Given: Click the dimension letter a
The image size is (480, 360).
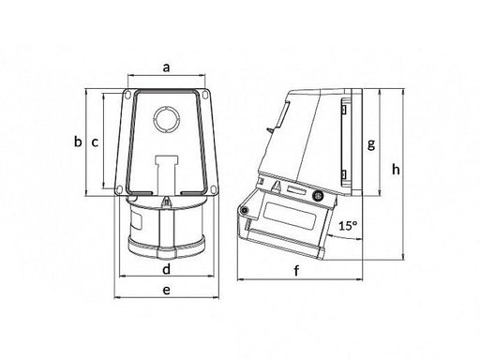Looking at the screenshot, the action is click(x=167, y=67).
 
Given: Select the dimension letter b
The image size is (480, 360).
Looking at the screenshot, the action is click(x=78, y=142).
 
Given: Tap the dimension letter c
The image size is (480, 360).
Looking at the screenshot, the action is click(x=95, y=142).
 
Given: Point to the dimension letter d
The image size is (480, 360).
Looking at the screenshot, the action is click(x=167, y=268).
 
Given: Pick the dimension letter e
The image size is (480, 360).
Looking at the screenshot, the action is click(x=167, y=290).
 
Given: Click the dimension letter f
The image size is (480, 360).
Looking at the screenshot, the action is click(x=296, y=270).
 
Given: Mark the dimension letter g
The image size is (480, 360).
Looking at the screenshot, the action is click(x=371, y=144).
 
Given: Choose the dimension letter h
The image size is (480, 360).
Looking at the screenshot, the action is click(x=396, y=170).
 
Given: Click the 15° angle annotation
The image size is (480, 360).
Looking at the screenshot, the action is click(x=348, y=225).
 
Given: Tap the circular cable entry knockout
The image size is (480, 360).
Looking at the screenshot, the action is click(x=167, y=120).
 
